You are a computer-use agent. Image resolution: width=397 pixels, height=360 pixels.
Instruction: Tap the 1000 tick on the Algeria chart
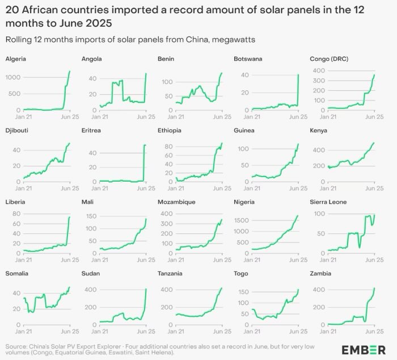tap(13, 77)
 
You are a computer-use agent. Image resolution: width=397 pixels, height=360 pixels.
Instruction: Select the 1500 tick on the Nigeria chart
tap(242, 219)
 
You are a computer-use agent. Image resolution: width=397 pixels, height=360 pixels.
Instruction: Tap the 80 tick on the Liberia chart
tap(16, 214)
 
